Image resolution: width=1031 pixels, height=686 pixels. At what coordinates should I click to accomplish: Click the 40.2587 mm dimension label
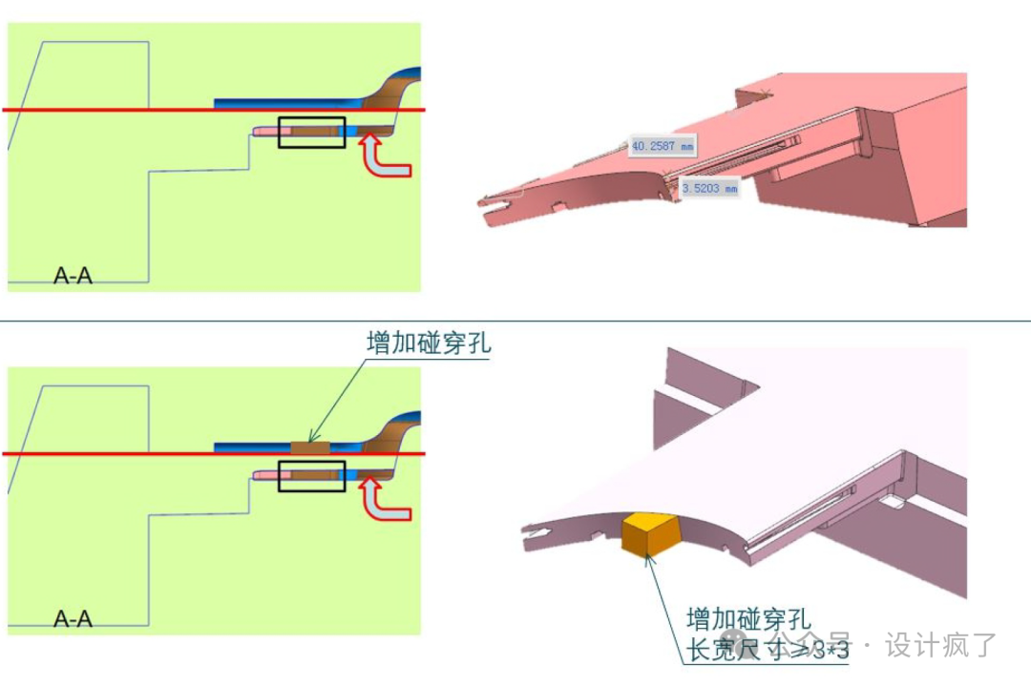tap(662, 146)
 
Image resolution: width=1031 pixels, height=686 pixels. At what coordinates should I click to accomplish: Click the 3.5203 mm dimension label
tap(710, 189)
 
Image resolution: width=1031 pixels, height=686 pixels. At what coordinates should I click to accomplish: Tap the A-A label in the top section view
tap(73, 277)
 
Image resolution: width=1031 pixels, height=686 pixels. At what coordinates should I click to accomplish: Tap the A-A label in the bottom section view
tap(73, 619)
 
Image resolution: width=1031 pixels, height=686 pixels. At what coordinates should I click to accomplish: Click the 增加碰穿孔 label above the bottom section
tap(429, 343)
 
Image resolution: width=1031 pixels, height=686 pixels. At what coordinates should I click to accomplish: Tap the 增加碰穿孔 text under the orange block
tap(748, 619)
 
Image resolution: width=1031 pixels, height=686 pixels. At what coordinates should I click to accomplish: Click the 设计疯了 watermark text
tap(940, 645)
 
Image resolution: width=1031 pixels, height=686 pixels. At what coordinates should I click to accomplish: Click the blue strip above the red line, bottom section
tap(248, 446)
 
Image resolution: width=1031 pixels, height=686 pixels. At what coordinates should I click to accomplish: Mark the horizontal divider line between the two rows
tap(515, 322)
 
